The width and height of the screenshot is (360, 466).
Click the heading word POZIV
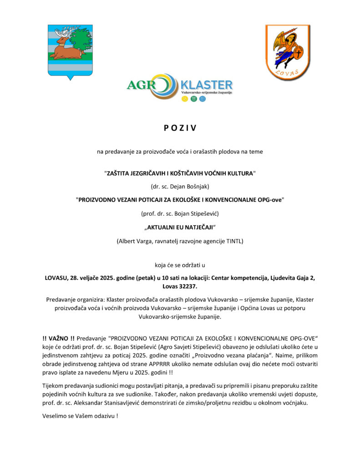180,128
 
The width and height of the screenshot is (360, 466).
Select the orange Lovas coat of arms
288,52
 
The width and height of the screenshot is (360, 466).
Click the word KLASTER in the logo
206,85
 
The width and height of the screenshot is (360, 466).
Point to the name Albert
127,241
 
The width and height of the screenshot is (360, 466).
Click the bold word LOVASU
56,277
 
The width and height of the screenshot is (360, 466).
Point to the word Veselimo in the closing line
56,416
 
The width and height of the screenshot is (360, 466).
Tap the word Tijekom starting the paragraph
55,386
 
